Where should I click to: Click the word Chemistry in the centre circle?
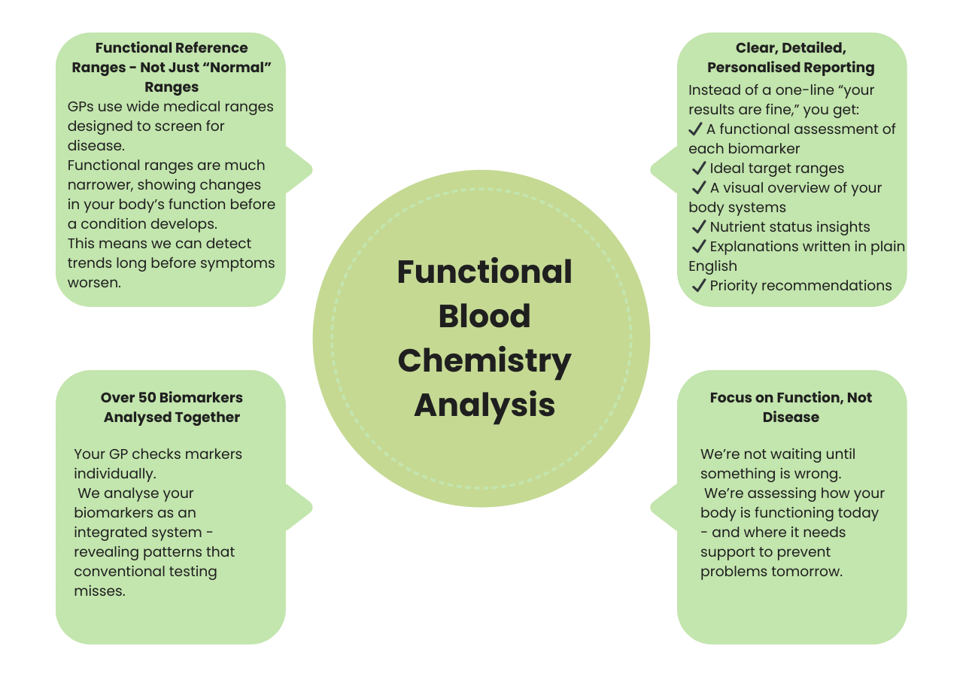click(x=485, y=360)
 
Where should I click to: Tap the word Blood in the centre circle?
click(x=485, y=316)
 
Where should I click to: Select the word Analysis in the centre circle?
click(x=485, y=405)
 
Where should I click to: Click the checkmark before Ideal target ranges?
click(x=699, y=168)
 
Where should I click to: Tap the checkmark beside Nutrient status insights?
click(x=699, y=227)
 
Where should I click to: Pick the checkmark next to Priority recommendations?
click(x=699, y=286)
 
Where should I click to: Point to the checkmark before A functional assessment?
click(x=696, y=129)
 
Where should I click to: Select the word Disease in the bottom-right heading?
click(x=791, y=417)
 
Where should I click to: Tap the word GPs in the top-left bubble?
click(x=81, y=107)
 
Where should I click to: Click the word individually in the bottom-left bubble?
click(x=114, y=474)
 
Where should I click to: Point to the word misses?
click(x=99, y=591)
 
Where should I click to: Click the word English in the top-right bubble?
click(x=712, y=266)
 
